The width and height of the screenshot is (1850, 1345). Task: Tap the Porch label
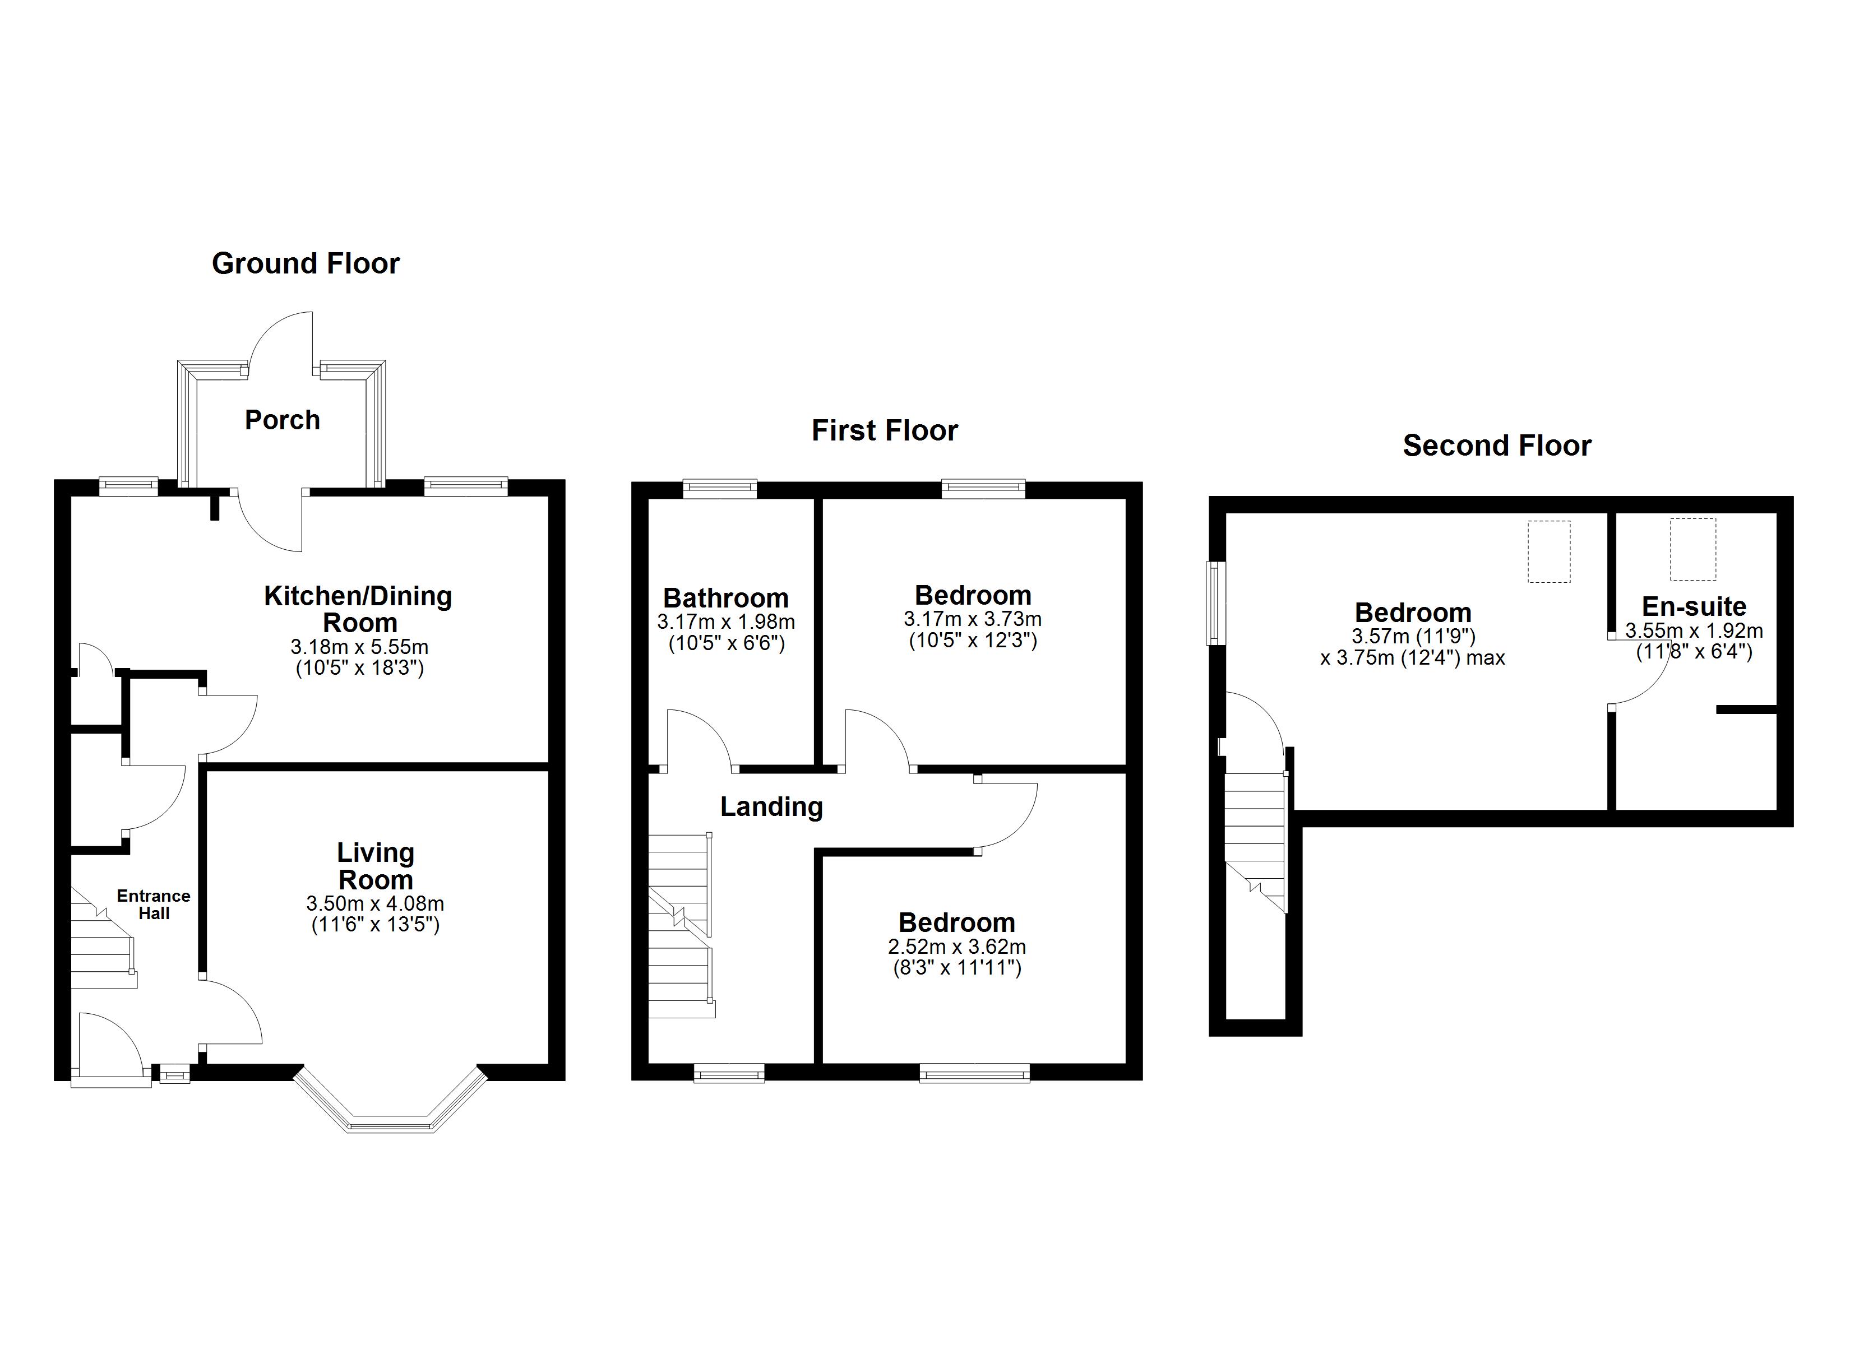click(x=282, y=420)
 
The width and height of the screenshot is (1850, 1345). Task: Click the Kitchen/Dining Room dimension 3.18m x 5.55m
click(x=359, y=647)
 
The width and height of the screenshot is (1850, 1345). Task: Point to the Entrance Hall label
click(x=154, y=904)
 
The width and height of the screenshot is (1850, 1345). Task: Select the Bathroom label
click(x=725, y=598)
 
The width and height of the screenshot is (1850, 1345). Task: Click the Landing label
click(x=771, y=806)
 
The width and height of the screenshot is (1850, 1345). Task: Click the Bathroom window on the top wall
click(x=719, y=489)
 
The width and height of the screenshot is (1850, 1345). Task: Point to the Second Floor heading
click(x=1497, y=446)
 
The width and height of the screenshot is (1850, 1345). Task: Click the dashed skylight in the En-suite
click(x=1692, y=549)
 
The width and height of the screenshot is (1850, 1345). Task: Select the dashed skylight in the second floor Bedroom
click(x=1548, y=551)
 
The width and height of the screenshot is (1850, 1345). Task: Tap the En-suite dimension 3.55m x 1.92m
click(x=1694, y=630)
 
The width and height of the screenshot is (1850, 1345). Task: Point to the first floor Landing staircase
click(x=679, y=926)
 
